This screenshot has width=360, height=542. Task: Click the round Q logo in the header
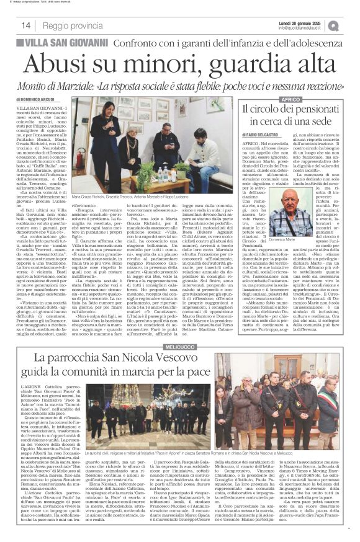coord(351,24)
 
